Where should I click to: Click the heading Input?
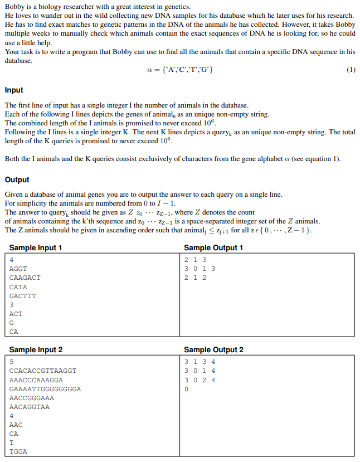(x=14, y=90)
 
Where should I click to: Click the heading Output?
(x=17, y=180)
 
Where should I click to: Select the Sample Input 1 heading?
(x=36, y=248)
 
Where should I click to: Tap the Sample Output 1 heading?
(x=213, y=248)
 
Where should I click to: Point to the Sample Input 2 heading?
(x=36, y=350)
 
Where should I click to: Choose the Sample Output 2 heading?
(x=213, y=350)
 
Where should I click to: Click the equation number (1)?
(x=351, y=70)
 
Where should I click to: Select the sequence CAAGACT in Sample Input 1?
(x=25, y=278)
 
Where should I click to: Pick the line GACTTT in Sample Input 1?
(x=23, y=296)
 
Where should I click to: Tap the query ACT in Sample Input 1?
(x=16, y=314)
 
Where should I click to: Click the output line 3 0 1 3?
(x=200, y=269)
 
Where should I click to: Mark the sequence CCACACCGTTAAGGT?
(x=43, y=371)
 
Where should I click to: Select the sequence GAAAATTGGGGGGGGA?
(x=45, y=389)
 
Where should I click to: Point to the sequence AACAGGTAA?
(x=30, y=407)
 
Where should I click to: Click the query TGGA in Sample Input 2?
(x=18, y=452)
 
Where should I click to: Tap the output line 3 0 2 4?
(x=200, y=380)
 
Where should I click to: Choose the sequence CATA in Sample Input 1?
(x=18, y=287)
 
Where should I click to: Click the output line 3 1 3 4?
(x=200, y=362)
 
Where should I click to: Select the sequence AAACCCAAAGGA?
(x=36, y=380)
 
